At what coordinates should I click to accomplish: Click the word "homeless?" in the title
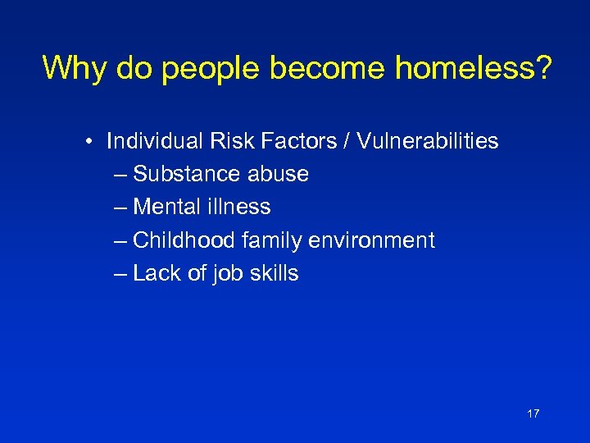[473, 68]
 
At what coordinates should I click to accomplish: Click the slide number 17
[533, 413]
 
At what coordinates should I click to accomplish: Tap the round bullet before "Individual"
[87, 142]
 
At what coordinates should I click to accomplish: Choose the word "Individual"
[152, 141]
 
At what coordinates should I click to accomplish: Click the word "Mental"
[166, 207]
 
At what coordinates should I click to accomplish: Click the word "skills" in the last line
[275, 273]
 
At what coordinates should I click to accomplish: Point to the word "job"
[227, 273]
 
